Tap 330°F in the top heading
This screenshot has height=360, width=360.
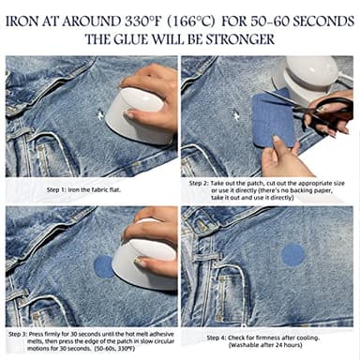point(151,19)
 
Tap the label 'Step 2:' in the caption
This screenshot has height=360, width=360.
point(200,184)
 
